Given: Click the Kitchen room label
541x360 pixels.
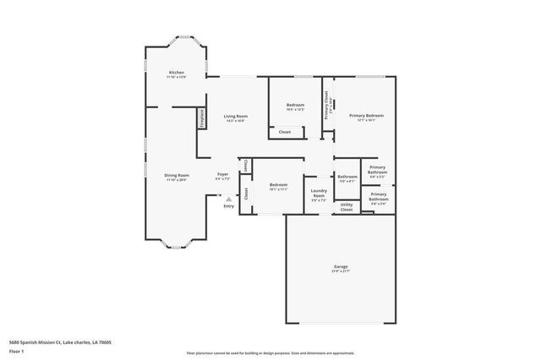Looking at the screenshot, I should (176, 73).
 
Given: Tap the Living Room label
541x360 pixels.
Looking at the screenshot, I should (235, 116).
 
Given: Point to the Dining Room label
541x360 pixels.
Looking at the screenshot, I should (176, 175).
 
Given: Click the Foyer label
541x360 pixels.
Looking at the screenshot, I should (222, 174).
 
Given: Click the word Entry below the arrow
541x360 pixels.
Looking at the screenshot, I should (228, 206).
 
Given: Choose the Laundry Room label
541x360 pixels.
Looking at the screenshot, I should (319, 194).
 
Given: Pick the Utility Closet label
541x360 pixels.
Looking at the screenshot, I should (347, 205).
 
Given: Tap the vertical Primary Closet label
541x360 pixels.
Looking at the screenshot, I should (327, 106).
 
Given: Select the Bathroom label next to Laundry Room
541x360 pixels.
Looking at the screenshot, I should (347, 177).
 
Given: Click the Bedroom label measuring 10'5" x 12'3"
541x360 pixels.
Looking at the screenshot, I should (295, 105).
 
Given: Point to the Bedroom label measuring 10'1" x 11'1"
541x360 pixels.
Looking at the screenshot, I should (279, 184).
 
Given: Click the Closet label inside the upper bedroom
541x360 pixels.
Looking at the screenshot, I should (285, 132).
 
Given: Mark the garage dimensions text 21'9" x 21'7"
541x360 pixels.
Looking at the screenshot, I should (340, 271).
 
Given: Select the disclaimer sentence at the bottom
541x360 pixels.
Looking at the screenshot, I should (270, 352).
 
